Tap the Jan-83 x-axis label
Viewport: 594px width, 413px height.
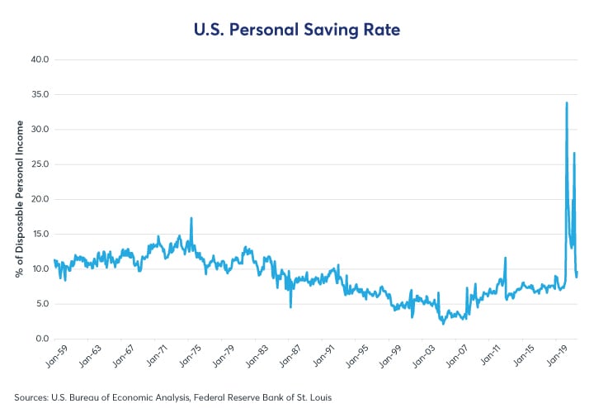266,357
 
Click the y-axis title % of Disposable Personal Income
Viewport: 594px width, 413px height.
19,199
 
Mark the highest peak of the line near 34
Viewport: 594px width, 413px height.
567,102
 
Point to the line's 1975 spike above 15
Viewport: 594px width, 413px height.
191,218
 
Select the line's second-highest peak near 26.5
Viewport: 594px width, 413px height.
574,153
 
